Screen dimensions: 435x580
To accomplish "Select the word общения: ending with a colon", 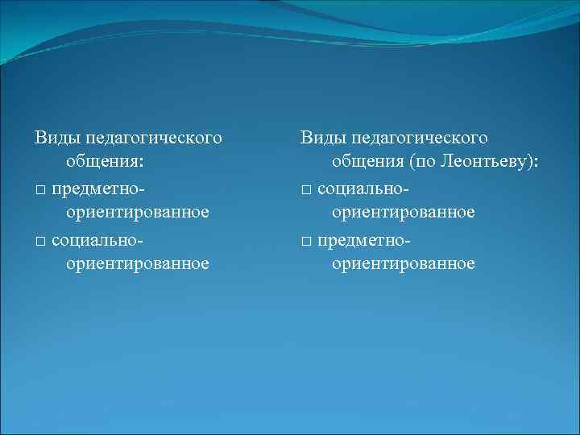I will click(x=106, y=164).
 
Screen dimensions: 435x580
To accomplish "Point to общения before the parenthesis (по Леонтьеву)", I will click(x=367, y=164).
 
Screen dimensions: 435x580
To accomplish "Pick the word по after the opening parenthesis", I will click(x=425, y=164).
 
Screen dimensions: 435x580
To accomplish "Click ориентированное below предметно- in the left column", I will click(x=138, y=213).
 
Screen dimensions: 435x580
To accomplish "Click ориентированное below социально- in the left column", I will click(x=138, y=263).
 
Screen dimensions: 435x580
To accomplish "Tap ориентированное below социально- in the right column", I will click(x=404, y=213).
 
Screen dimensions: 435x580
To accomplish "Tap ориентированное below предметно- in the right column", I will click(x=404, y=263).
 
